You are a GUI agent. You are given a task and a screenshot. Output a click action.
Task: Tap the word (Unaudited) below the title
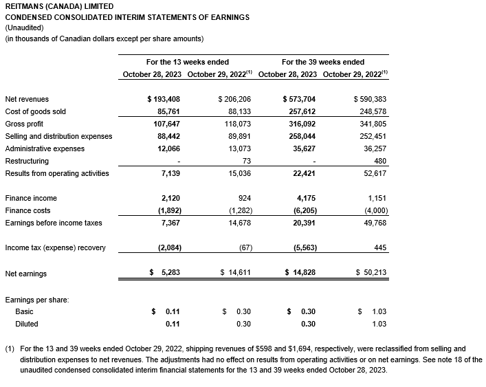click(x=23, y=27)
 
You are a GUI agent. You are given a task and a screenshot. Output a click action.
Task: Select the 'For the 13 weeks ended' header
click(x=187, y=62)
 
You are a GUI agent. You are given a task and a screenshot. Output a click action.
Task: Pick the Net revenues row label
click(x=27, y=99)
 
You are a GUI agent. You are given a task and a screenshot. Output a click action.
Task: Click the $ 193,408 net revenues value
click(x=164, y=99)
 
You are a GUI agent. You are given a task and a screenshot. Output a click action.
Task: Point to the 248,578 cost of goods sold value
click(x=373, y=111)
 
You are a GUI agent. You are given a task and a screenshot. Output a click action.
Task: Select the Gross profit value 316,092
click(x=303, y=124)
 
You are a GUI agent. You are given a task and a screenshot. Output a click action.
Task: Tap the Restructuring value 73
click(x=245, y=161)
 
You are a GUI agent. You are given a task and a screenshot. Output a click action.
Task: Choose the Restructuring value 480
click(x=380, y=161)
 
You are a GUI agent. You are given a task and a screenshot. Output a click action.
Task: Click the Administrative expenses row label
click(x=45, y=148)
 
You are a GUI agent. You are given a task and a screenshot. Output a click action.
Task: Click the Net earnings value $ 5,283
click(x=165, y=273)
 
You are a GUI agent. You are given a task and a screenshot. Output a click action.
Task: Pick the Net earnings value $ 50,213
click(x=371, y=273)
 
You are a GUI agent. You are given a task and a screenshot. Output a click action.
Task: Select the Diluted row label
click(x=27, y=324)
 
